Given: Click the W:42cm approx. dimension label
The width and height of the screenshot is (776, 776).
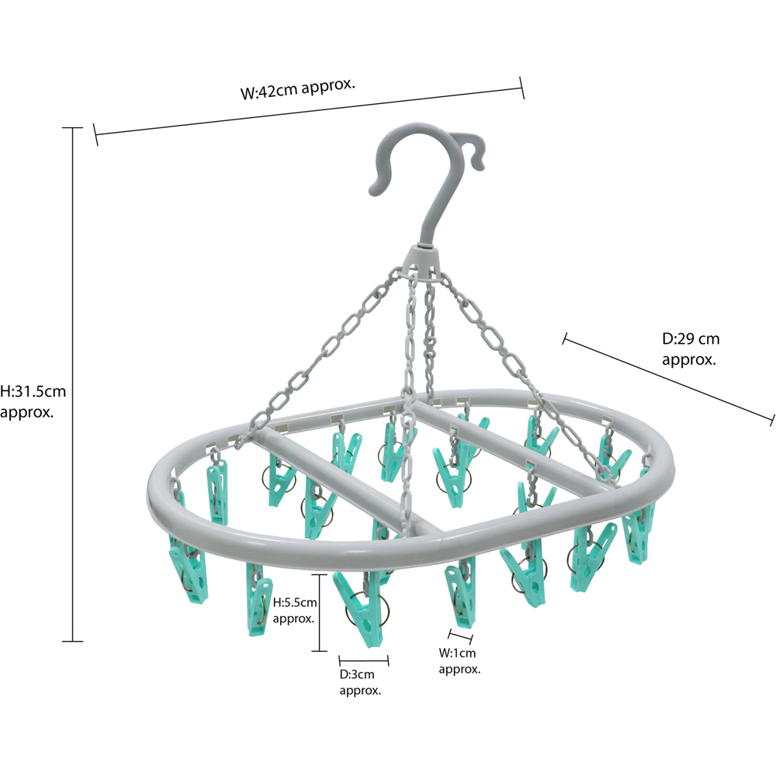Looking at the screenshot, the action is tap(298, 88).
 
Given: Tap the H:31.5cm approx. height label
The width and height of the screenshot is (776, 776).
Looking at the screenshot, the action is tap(33, 401).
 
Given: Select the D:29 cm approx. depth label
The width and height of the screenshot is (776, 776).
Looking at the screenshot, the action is tap(691, 349).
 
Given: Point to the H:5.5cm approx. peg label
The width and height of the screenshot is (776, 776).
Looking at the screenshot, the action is tap(294, 610).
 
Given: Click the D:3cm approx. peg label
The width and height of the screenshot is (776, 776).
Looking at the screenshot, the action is tap(360, 682).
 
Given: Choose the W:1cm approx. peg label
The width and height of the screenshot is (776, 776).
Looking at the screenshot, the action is tap(459, 660).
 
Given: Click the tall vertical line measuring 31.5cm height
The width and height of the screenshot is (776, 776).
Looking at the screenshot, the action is tap(73, 385).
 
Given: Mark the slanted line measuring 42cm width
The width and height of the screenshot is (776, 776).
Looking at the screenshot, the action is tap(309, 111).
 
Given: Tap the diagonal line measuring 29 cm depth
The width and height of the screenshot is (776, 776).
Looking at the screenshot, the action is tap(668, 379).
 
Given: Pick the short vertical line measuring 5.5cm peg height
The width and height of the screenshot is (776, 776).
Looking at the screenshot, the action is tap(319, 613).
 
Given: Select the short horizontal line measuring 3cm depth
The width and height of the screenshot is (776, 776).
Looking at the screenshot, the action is tap(364, 660).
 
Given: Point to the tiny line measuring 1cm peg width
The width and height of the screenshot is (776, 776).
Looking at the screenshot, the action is tap(460, 636).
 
